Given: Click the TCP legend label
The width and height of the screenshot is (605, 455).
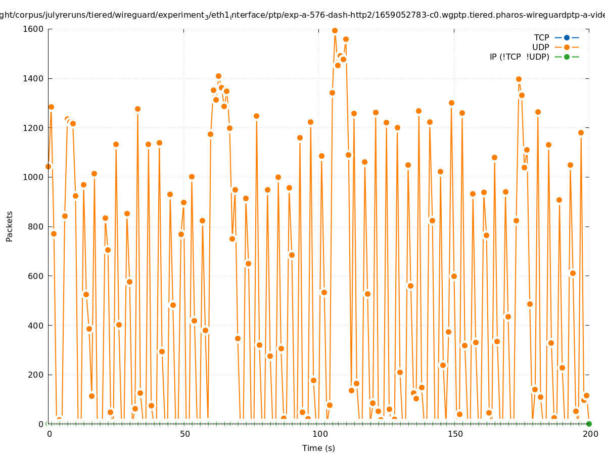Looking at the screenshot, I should [x=541, y=37].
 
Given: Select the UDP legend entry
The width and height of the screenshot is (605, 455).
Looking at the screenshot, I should [x=540, y=47].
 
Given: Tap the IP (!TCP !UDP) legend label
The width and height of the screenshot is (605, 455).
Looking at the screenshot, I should [x=519, y=57].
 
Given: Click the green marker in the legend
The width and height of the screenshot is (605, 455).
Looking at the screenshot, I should [x=567, y=57].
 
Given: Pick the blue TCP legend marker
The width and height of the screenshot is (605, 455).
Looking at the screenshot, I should [x=567, y=37].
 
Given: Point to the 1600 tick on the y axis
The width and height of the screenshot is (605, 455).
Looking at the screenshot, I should [x=33, y=29].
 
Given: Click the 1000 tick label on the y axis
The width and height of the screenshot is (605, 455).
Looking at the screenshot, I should [x=33, y=177].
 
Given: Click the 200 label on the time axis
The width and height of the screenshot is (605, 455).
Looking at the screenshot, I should [x=589, y=434].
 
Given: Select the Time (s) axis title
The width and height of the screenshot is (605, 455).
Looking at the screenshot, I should [x=318, y=448].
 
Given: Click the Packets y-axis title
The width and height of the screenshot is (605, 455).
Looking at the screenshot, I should [x=10, y=226].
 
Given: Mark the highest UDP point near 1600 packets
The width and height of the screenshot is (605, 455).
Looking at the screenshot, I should [x=335, y=30].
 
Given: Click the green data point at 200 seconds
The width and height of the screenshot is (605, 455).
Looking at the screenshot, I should [x=589, y=424].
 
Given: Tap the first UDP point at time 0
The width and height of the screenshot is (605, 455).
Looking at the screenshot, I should [x=49, y=166].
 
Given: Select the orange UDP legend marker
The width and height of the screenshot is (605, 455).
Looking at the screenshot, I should [x=567, y=47].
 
